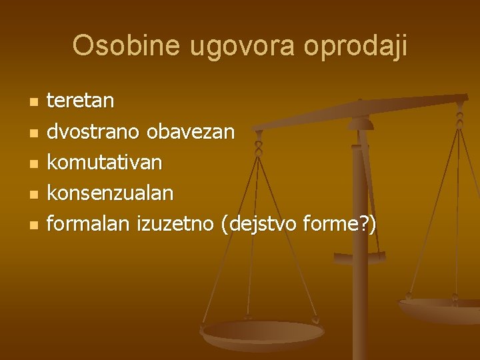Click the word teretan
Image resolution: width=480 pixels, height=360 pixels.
point(80,101)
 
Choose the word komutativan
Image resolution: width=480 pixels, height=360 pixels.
point(104,163)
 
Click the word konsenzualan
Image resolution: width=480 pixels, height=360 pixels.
point(110,193)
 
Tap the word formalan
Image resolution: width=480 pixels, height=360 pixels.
point(87,224)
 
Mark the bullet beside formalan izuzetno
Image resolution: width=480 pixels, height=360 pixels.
point(33,225)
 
